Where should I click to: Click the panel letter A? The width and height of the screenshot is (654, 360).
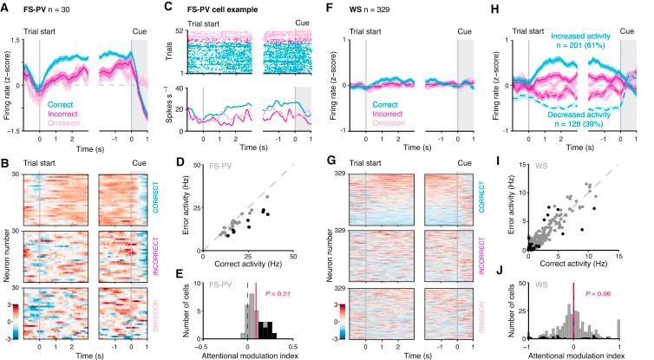[6, 6]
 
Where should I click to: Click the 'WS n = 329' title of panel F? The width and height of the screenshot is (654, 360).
[369, 7]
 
